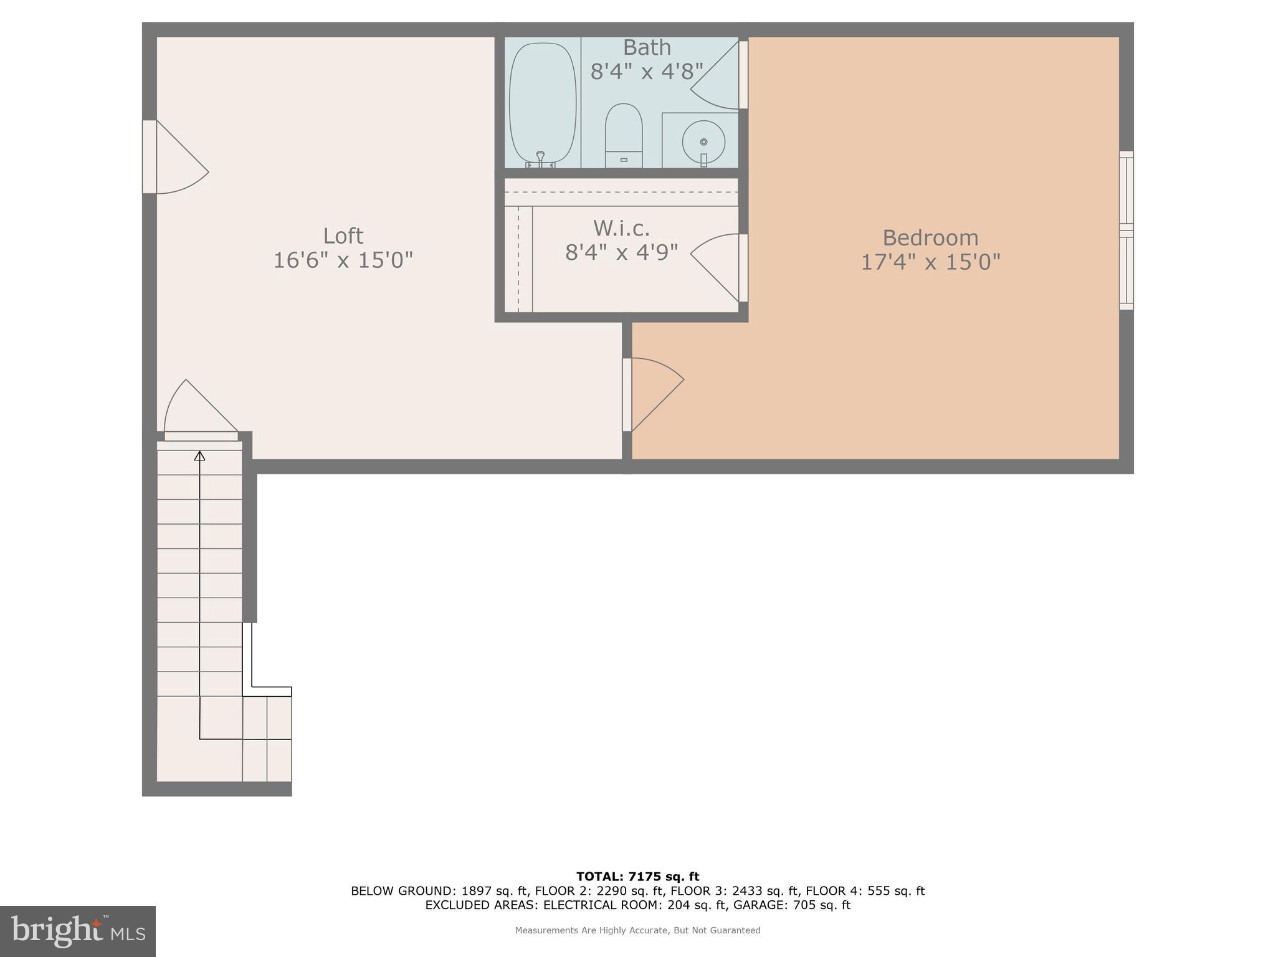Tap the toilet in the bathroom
click(x=624, y=135)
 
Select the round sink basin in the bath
click(x=703, y=141)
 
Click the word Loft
click(x=343, y=236)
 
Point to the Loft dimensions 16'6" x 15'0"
click(x=343, y=260)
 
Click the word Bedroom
click(x=930, y=238)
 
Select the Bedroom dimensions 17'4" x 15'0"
click(x=930, y=262)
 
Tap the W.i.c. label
click(x=621, y=229)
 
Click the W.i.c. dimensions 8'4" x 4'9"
click(x=621, y=252)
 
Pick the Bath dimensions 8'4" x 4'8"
click(x=647, y=72)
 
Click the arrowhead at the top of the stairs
click(x=199, y=456)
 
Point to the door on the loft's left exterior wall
click(x=174, y=158)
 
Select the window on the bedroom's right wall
click(x=1126, y=231)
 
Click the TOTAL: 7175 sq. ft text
click(x=637, y=877)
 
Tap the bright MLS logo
click(x=78, y=931)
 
